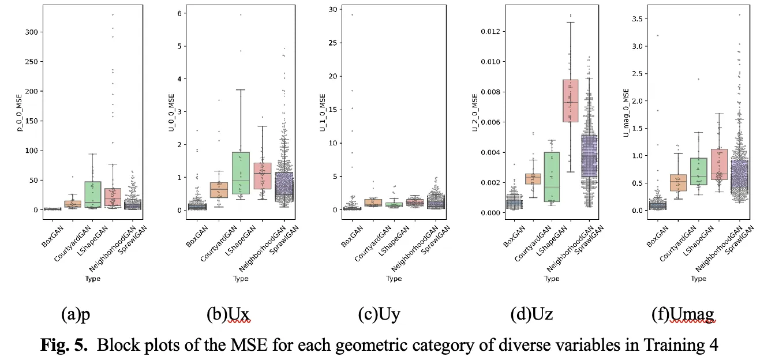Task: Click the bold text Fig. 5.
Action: (x=65, y=346)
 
